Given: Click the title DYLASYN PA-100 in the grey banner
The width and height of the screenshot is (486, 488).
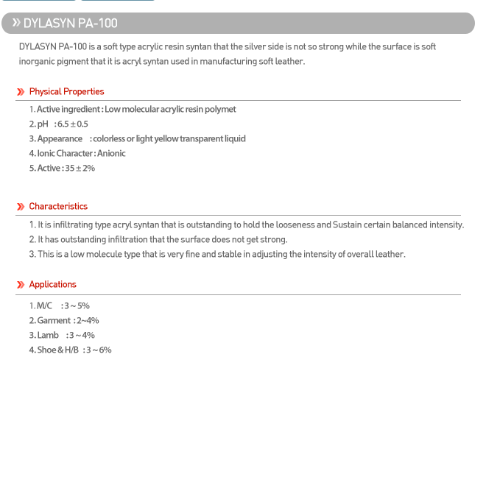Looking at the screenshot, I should coord(70,24).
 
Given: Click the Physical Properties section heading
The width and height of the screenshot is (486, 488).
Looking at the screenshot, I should coord(66,92).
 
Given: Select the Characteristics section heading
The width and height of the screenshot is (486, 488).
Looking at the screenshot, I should coord(58,207).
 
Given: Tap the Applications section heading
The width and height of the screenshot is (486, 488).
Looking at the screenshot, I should coord(52,285).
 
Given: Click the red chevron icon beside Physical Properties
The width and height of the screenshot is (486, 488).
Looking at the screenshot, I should coord(21,92).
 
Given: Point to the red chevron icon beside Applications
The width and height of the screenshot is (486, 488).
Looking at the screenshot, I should coord(21,285).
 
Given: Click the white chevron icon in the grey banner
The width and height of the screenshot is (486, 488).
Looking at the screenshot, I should coord(16,23).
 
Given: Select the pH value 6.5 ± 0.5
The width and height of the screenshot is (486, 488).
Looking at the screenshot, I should coord(72,124).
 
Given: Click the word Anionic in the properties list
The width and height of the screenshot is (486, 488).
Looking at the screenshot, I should coord(111,154).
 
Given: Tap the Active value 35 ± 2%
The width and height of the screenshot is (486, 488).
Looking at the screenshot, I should coord(79,169).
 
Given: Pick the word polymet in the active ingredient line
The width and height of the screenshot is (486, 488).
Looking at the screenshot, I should coord(221,110).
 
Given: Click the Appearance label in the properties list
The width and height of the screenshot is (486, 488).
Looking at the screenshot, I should coord(60,139).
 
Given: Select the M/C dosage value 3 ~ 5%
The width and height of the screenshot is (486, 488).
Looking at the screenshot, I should coord(77,306).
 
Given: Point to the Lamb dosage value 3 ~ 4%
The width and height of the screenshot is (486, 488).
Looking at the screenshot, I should coord(82,336).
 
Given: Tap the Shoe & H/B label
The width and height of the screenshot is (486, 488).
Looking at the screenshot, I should coord(57,350).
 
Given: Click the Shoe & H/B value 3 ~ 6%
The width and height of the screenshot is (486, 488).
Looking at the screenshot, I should coord(99,350).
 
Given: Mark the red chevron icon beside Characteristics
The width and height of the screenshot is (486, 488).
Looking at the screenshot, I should coord(21,207).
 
